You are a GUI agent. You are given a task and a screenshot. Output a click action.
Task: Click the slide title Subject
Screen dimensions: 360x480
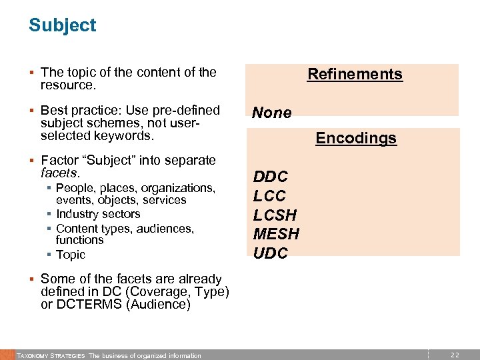coord(62,25)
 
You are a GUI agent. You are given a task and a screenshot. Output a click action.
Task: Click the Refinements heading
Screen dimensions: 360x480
coord(355,74)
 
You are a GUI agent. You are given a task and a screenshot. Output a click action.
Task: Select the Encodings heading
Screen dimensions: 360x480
coord(356,138)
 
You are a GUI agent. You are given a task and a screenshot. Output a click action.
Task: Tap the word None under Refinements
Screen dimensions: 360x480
coord(271,113)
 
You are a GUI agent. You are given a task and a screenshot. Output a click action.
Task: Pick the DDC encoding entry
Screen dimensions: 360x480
coord(270,177)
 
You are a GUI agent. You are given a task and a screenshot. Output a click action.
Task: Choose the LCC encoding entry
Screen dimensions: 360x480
coord(269,196)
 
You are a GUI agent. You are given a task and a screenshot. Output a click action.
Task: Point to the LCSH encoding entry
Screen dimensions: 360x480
coord(275,215)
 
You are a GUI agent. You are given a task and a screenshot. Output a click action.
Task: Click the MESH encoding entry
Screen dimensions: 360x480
coord(276,234)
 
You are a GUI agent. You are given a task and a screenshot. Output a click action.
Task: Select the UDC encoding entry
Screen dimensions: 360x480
coord(270,253)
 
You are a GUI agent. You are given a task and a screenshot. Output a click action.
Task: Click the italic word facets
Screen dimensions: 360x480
coord(59,173)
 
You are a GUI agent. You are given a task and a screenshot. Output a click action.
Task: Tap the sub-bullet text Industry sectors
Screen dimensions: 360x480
coord(98,214)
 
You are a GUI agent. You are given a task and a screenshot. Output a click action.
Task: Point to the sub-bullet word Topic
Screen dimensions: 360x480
coord(71,255)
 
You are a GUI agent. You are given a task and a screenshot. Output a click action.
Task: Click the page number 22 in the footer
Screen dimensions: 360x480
coord(455,355)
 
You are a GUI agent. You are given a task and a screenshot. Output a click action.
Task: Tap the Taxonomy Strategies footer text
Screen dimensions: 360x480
coord(51,355)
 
